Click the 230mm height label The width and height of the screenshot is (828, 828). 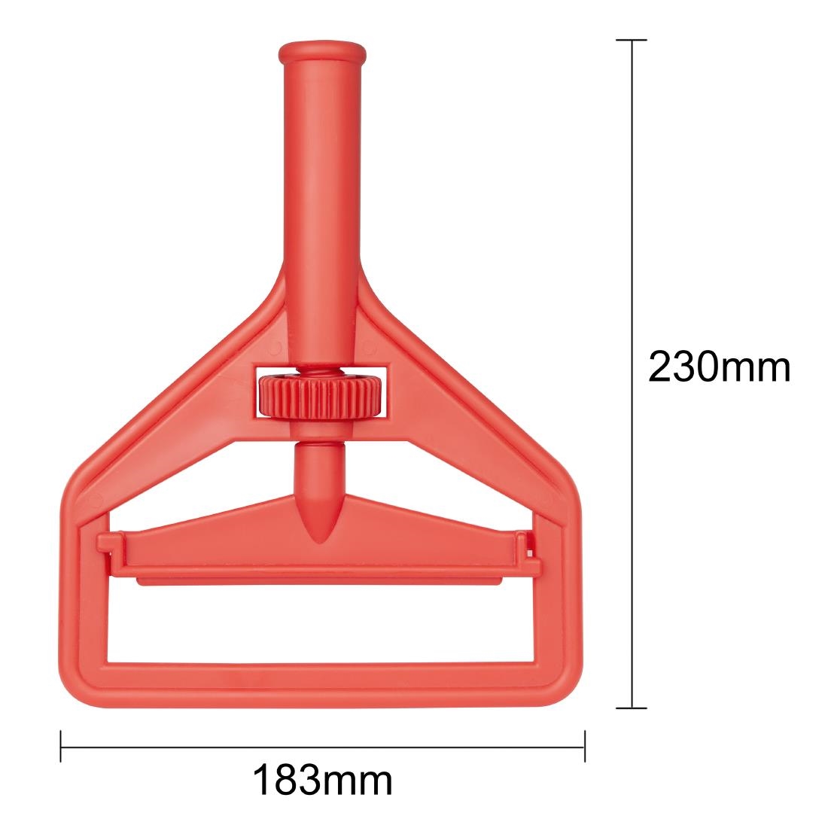718,368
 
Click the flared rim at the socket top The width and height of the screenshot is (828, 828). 322,55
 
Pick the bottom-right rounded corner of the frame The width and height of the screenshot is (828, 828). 564,674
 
